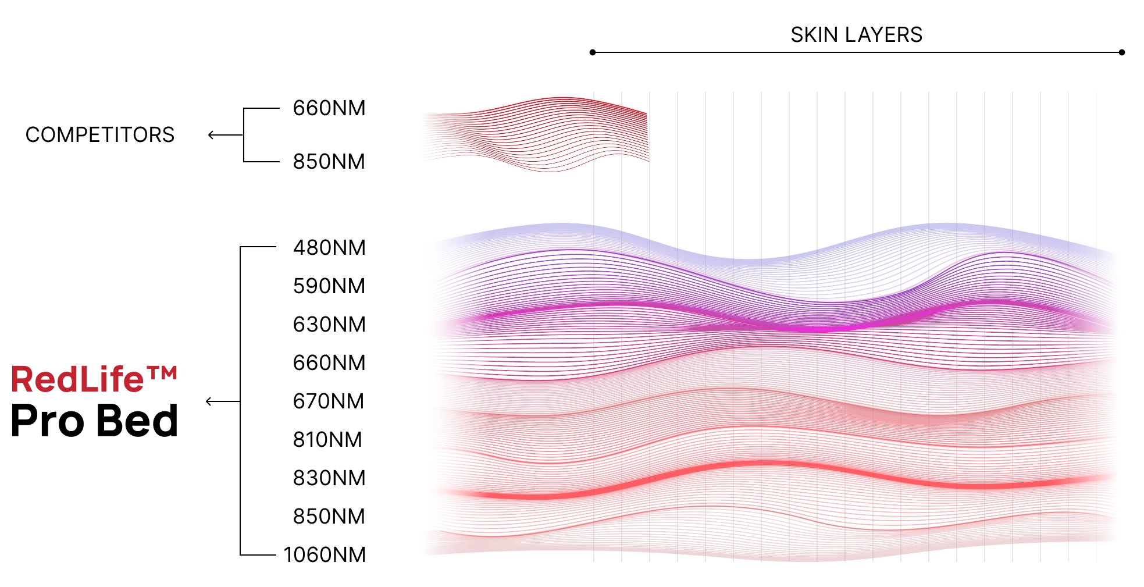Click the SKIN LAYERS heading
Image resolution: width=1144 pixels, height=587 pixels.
click(856, 35)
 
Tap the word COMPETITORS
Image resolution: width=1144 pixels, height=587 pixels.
click(100, 135)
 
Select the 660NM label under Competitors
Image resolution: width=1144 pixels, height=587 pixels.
click(329, 108)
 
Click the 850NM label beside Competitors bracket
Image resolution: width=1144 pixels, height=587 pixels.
click(329, 162)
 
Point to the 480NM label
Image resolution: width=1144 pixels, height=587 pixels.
click(329, 248)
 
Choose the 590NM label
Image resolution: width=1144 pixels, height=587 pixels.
click(329, 286)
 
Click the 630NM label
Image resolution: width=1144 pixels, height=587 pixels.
click(329, 325)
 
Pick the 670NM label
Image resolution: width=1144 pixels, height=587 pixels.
click(329, 401)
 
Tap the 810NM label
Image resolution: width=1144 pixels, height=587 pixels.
click(327, 440)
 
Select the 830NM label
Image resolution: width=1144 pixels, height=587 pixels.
click(329, 478)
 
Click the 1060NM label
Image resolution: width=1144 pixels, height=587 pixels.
click(325, 555)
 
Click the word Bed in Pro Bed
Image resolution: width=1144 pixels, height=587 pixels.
click(137, 421)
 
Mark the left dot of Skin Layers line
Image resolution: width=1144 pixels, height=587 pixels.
click(593, 52)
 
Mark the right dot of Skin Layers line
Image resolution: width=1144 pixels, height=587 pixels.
click(1122, 52)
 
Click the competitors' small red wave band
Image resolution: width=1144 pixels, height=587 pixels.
click(541, 134)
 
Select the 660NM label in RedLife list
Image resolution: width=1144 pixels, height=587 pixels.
click(329, 363)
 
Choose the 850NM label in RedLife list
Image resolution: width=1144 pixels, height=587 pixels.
click(329, 517)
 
